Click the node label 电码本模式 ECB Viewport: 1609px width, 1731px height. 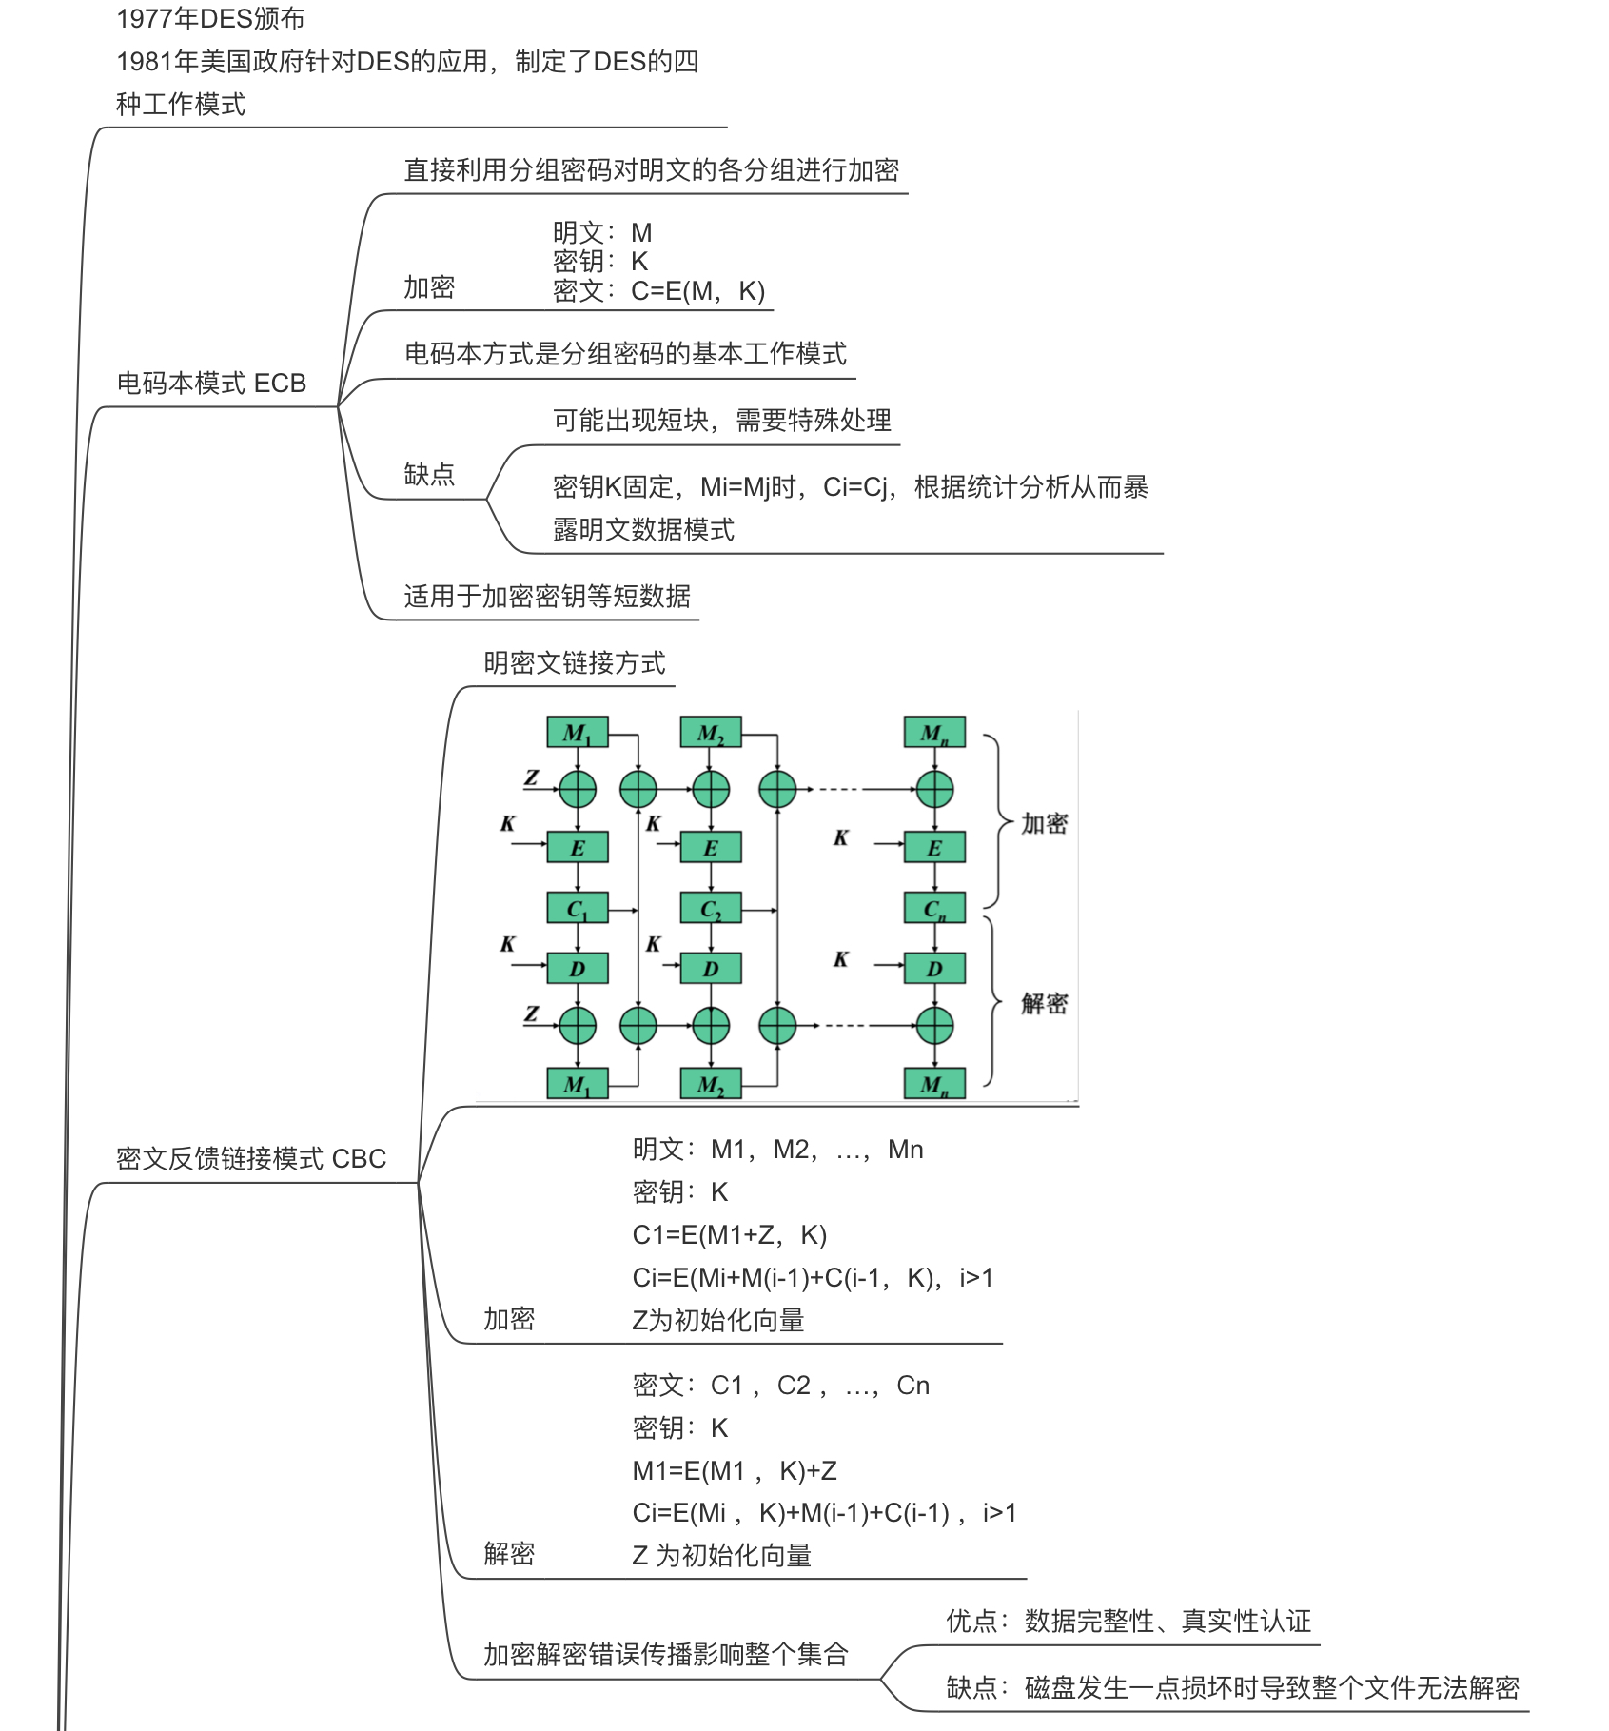[x=211, y=384]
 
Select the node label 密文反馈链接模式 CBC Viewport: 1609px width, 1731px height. [x=251, y=1159]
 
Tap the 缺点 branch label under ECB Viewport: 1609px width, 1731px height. [x=429, y=474]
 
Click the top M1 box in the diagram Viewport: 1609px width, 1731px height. [x=577, y=733]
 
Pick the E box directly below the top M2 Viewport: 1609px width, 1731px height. [x=711, y=848]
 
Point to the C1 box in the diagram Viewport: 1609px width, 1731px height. [x=577, y=909]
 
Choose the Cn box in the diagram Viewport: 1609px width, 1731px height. [x=934, y=909]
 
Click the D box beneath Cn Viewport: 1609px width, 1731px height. [x=934, y=969]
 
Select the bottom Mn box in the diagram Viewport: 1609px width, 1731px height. [x=934, y=1084]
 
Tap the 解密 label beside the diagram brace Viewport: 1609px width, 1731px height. [x=1044, y=1004]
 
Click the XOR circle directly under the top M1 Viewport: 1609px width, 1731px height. [x=578, y=789]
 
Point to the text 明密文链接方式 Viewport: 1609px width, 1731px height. [x=575, y=663]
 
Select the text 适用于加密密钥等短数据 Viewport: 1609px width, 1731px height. [x=547, y=597]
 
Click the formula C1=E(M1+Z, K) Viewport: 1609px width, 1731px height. [x=730, y=1235]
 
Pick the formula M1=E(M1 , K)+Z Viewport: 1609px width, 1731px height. [x=735, y=1471]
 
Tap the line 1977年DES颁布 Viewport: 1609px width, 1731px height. [x=210, y=19]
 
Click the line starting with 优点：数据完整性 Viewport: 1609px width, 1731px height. [x=1128, y=1622]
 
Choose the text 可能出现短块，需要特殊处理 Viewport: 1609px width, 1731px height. [x=722, y=421]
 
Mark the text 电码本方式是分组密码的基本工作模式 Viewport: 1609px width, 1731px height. [x=625, y=354]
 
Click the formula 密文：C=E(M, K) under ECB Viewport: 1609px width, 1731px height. [x=658, y=291]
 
